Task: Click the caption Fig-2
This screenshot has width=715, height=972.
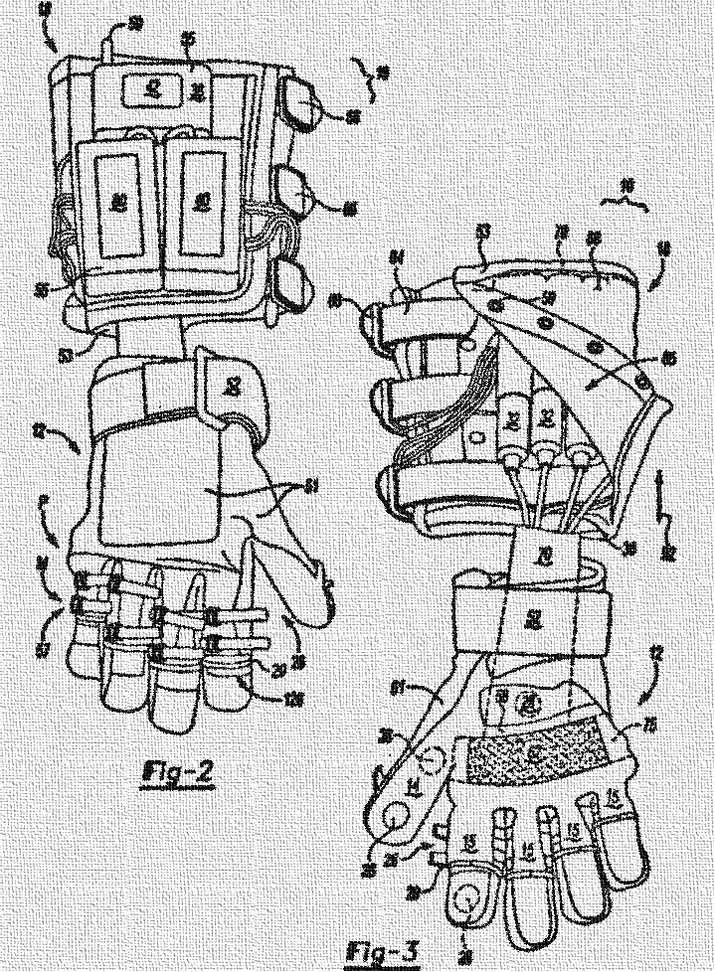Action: [178, 771]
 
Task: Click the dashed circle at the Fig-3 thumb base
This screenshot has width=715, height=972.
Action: [430, 763]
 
